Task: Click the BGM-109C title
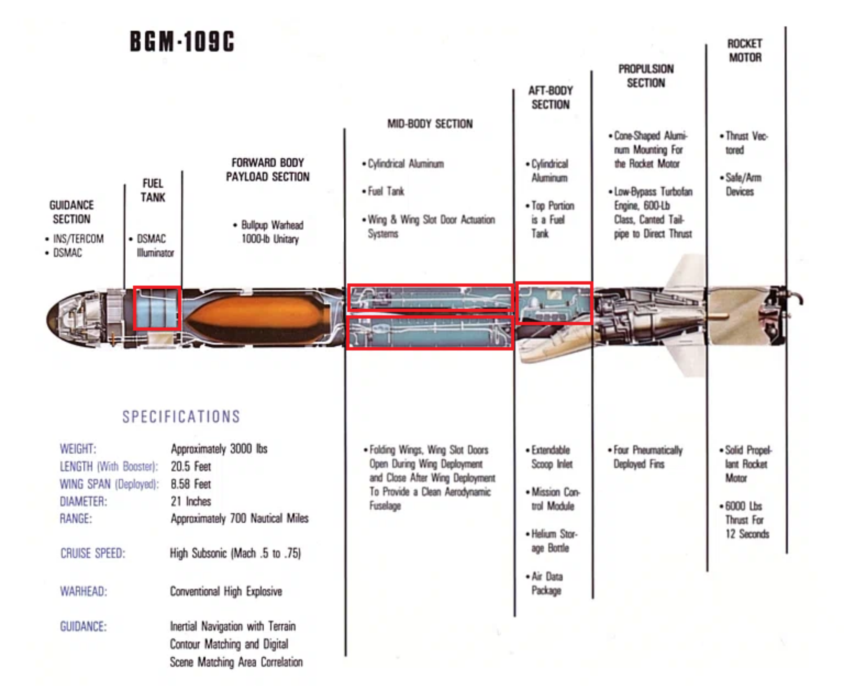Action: point(182,41)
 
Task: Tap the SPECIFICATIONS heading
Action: point(181,417)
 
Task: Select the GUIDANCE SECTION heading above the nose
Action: point(72,212)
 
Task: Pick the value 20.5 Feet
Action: point(191,466)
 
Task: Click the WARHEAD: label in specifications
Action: point(83,591)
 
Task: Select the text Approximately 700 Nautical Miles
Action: point(239,518)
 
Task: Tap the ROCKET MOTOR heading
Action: point(745,50)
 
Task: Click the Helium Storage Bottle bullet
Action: point(552,541)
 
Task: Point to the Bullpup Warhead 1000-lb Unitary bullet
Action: point(268,232)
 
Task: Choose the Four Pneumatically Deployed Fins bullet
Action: point(645,457)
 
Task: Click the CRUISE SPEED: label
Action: point(93,553)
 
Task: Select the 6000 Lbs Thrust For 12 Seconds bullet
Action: point(745,520)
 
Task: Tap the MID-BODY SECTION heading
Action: point(430,124)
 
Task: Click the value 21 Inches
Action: point(191,501)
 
